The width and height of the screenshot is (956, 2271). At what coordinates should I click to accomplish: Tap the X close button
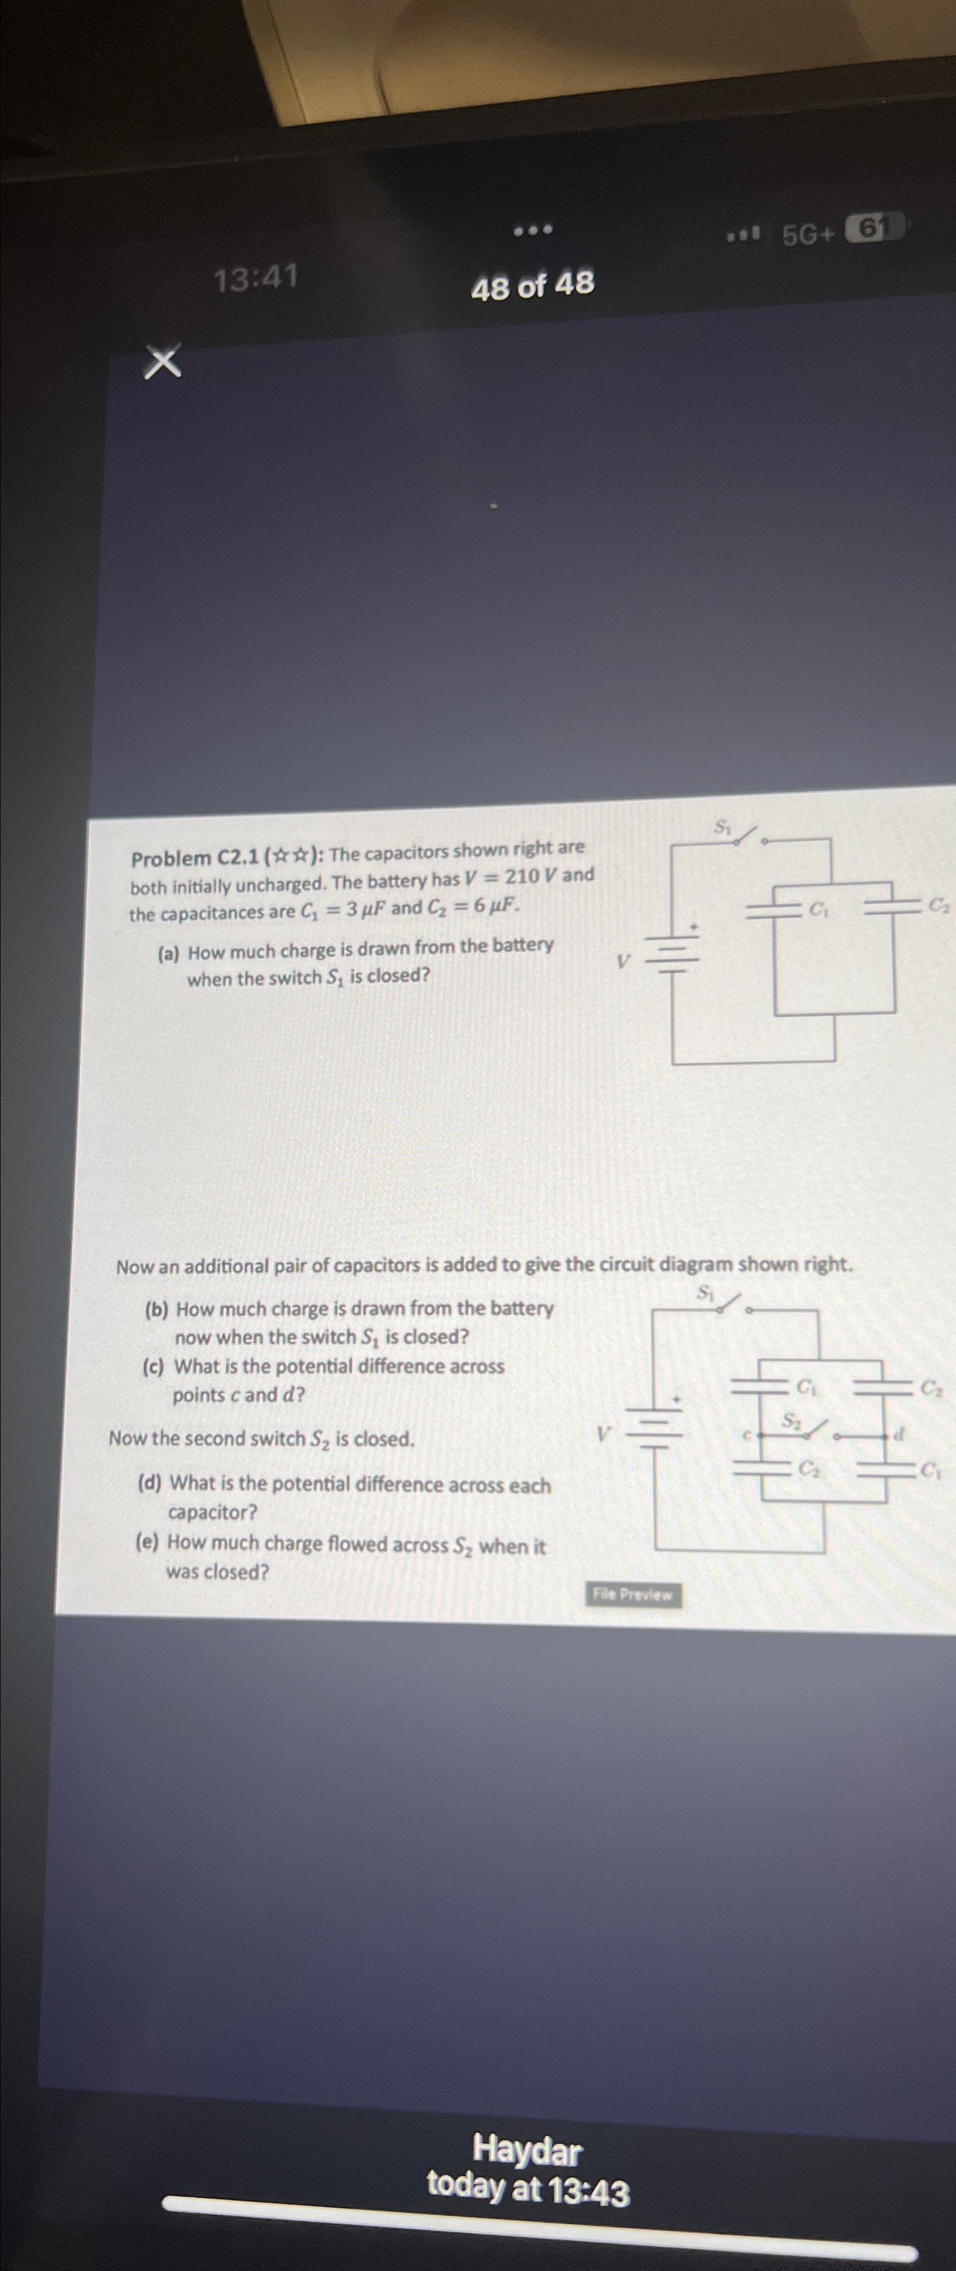coord(163,362)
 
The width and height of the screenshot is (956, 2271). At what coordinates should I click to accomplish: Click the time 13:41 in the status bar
coord(257,279)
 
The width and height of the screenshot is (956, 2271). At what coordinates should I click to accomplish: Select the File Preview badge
coord(632,1594)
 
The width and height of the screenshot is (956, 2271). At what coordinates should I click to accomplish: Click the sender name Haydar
coord(527,2149)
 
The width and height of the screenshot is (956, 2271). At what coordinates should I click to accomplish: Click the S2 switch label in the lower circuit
coord(791,1418)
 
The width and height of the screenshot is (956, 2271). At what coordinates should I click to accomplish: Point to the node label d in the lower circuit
coord(899,1435)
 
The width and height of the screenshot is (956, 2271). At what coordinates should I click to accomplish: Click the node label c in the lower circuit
coord(744,1435)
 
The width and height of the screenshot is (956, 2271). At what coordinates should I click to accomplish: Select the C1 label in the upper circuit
coord(819,908)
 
